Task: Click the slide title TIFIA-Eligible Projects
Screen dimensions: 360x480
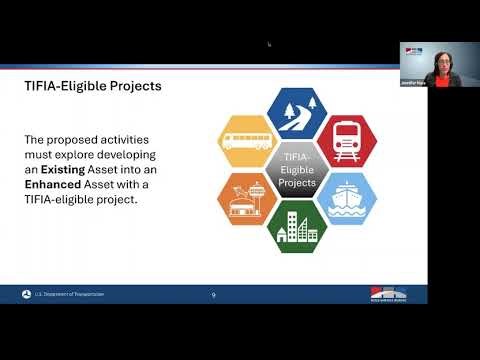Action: [x=93, y=86]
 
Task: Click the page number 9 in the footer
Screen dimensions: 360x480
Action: [x=214, y=294]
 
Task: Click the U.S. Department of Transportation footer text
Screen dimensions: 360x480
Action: [x=69, y=294]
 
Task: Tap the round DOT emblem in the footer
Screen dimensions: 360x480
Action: [x=26, y=294]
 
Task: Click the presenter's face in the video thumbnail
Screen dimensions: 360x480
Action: [x=441, y=59]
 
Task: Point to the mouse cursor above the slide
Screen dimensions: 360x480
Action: [x=268, y=44]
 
